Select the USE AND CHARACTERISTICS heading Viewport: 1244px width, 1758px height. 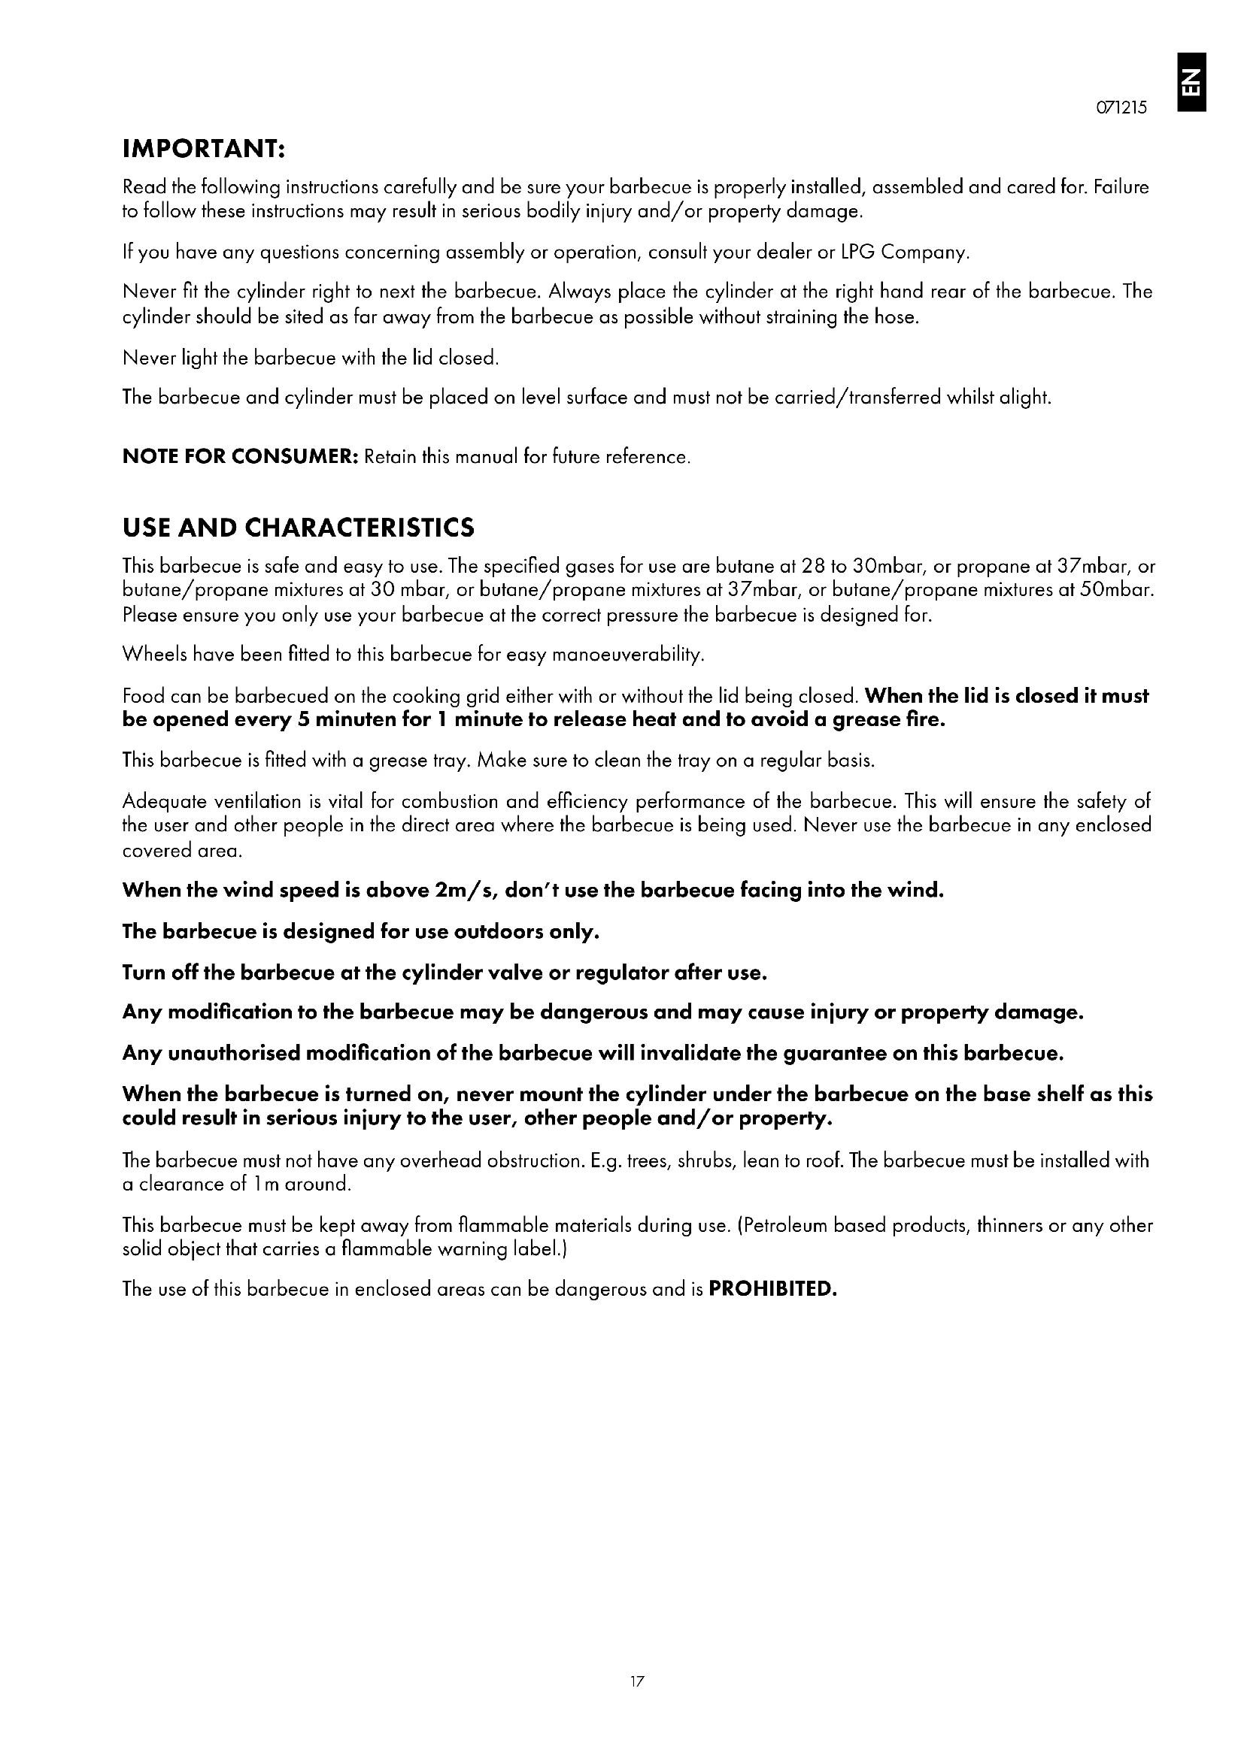tap(299, 528)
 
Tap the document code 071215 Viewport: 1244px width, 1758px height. tap(1122, 108)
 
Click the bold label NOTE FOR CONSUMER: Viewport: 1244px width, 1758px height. tap(241, 457)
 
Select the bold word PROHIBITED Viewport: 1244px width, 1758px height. tap(773, 1290)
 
